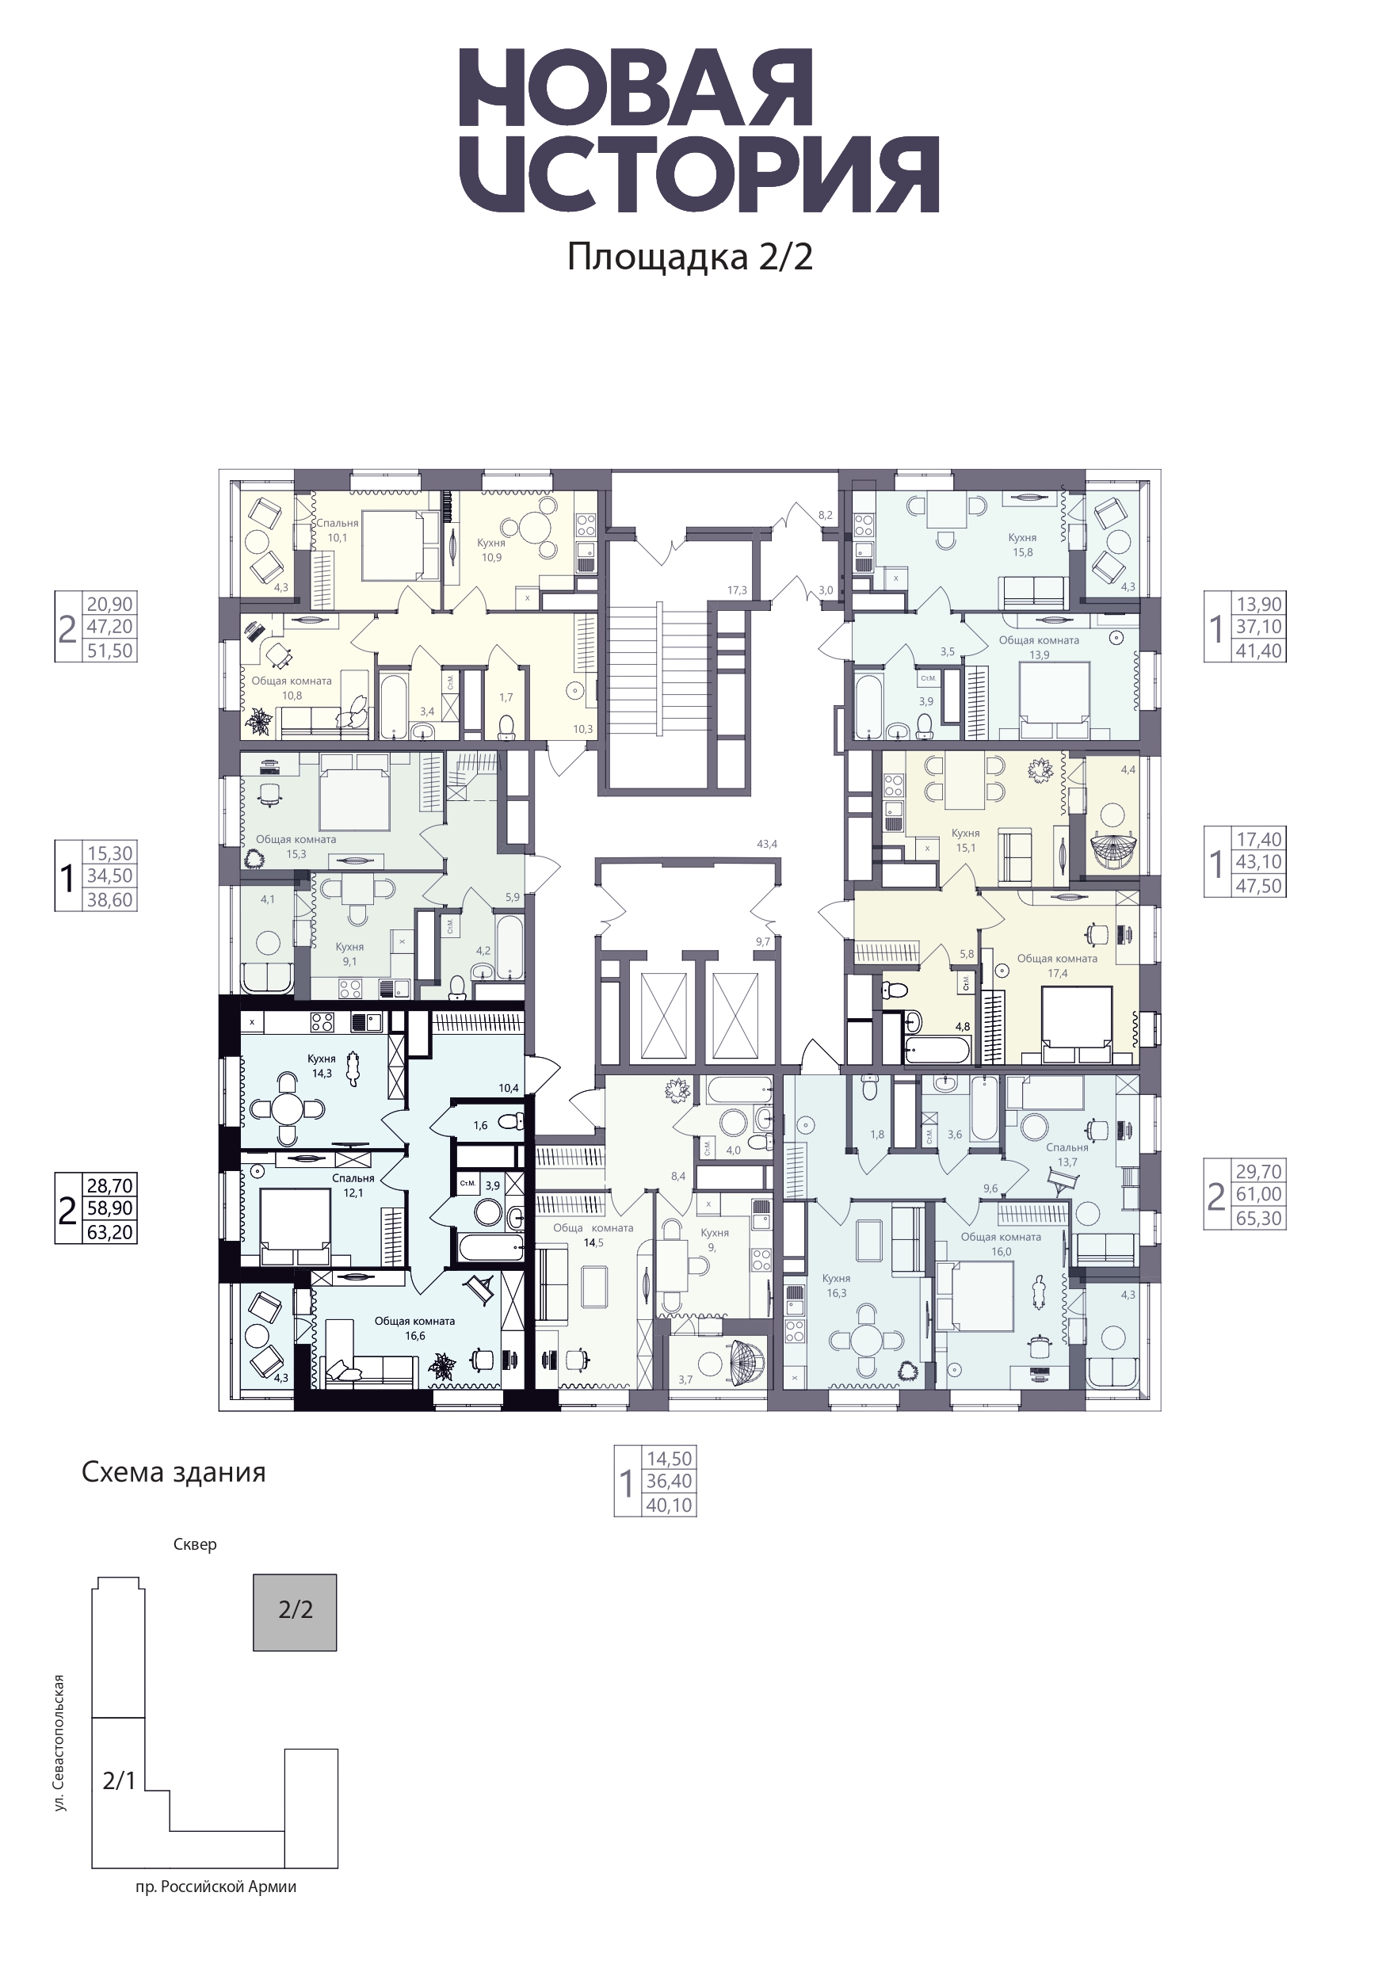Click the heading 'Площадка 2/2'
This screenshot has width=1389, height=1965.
tap(690, 257)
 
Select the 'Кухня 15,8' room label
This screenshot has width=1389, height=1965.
tap(1022, 544)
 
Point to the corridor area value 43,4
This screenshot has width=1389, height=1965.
tap(767, 844)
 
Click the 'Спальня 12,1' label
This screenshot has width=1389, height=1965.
tap(353, 1185)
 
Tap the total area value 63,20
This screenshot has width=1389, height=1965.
tap(109, 1232)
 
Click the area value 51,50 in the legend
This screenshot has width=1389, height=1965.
tap(109, 651)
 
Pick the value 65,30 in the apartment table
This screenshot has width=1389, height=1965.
tap(1259, 1218)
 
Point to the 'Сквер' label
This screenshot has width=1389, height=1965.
tap(195, 1545)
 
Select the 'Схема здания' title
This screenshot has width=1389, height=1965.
tap(174, 1473)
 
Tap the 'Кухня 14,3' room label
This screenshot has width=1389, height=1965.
tap(322, 1066)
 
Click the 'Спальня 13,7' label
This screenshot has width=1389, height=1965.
tap(1067, 1154)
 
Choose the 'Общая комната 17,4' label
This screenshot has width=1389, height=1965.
tap(1057, 965)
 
